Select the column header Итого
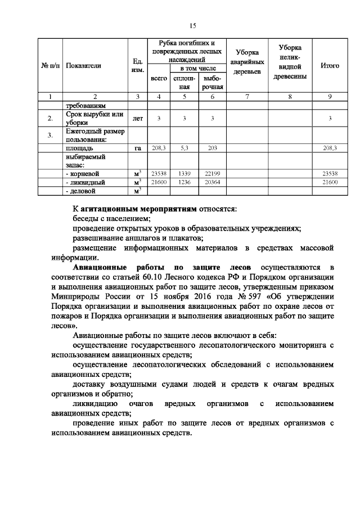point(329,66)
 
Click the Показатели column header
point(83,66)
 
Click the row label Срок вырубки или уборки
point(93,119)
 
